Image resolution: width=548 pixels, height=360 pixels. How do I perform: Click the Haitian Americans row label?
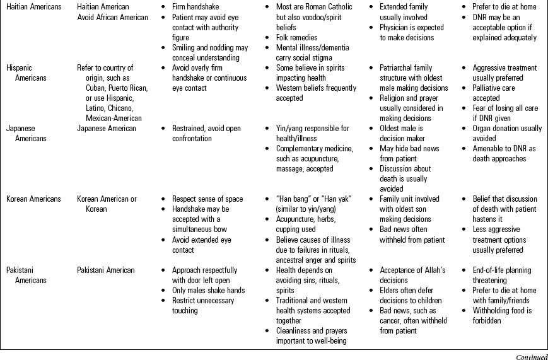tap(34, 7)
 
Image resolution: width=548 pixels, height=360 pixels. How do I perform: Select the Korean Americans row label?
tap(33, 199)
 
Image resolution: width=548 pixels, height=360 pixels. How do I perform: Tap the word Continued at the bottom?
tap(531, 356)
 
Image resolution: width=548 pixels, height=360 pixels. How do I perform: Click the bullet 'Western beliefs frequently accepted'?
tap(315, 93)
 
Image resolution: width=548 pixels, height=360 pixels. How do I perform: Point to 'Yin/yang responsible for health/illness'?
tap(312, 133)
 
